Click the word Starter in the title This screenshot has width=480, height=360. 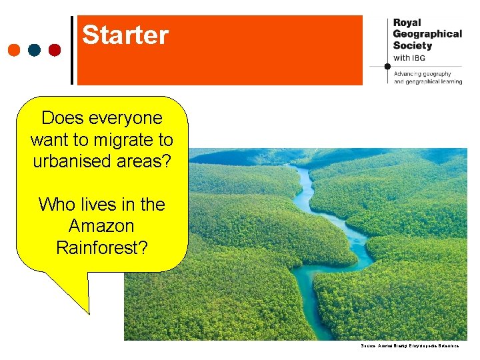pos(125,35)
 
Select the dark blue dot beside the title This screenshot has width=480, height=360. pos(35,50)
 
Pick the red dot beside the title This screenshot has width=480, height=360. pos(55,50)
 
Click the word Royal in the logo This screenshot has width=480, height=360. pos(407,22)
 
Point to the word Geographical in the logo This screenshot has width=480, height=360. pos(427,34)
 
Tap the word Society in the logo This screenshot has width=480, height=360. pos(413,45)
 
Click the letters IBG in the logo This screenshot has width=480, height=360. pos(419,58)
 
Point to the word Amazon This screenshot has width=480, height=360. pos(101,226)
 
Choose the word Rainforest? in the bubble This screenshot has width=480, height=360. pos(101,247)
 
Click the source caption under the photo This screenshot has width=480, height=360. pos(409,346)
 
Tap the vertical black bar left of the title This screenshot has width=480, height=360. pos(73,50)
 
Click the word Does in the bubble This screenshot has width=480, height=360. pos(59,119)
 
